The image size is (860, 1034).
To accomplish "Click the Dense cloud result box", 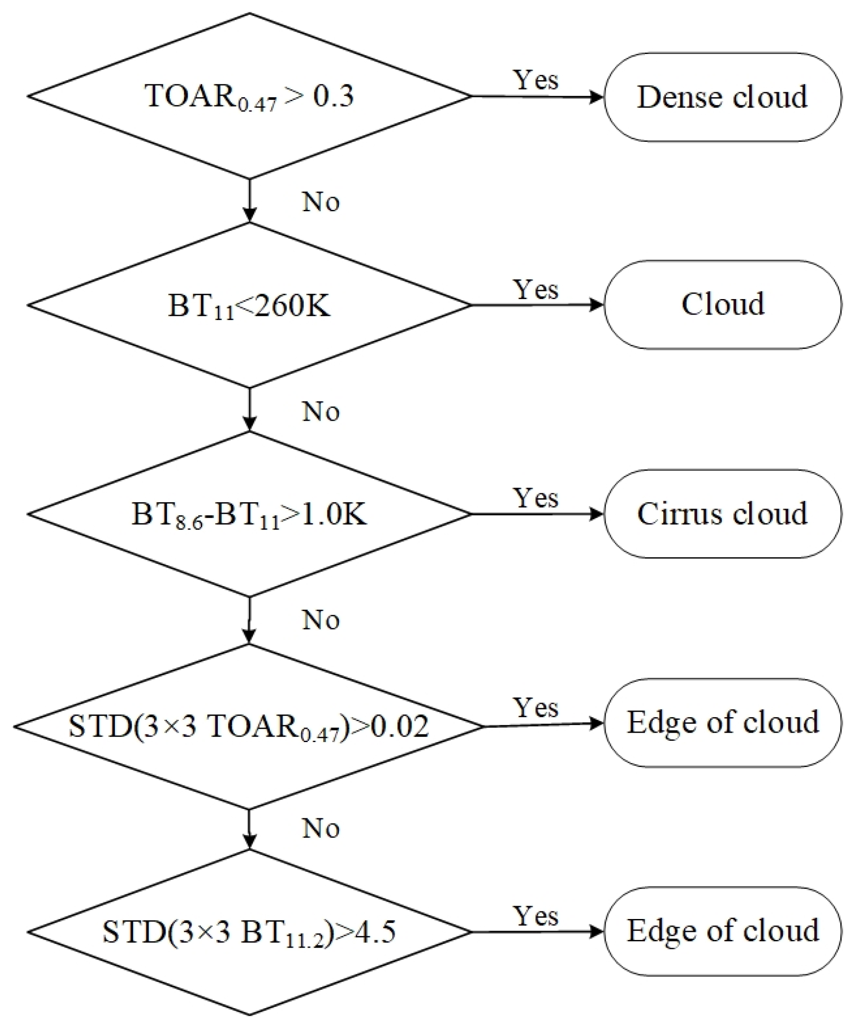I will click(722, 97).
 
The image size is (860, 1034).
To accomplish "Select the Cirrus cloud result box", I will click(722, 513).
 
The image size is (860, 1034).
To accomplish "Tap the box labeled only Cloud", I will click(722, 305).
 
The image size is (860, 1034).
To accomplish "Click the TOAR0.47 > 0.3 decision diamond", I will click(249, 96).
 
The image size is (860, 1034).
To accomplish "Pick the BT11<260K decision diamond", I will click(249, 305).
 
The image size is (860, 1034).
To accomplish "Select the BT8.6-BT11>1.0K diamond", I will click(249, 514).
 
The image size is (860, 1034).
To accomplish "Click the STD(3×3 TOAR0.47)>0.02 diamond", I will click(249, 726).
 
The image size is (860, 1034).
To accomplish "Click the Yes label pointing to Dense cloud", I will click(536, 80).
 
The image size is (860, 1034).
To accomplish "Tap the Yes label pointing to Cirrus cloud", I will click(536, 498).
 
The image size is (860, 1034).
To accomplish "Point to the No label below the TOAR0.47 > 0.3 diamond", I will click(321, 201).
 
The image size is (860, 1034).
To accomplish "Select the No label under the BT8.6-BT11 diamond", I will click(321, 620).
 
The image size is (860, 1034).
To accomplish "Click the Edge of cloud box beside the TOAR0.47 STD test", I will click(722, 723).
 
